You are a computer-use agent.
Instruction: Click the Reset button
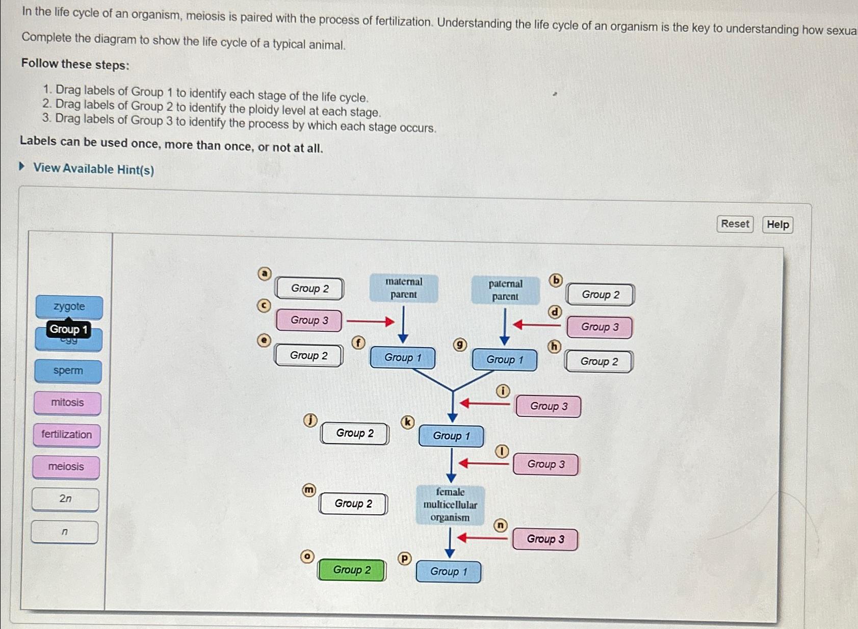coord(735,224)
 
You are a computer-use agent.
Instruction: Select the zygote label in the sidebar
coord(69,307)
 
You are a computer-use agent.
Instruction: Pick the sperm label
coord(68,371)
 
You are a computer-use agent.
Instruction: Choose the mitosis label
coord(67,403)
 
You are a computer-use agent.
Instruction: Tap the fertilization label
coord(67,435)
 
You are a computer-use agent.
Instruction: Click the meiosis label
coord(66,467)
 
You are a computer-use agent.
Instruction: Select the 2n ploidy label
coord(65,499)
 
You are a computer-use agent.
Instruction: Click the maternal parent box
coord(404,288)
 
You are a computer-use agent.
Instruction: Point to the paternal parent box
coord(505,290)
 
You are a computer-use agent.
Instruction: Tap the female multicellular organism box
coord(450,505)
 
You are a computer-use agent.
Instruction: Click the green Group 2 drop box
coord(352,570)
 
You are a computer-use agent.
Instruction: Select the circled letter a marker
coord(264,274)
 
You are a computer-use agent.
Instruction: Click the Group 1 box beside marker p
coord(449,572)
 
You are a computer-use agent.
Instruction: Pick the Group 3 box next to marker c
coord(309,321)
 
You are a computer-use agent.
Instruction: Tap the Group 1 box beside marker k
coord(451,436)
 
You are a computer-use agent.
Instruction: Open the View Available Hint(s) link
coord(93,169)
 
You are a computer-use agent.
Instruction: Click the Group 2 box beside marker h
coord(599,362)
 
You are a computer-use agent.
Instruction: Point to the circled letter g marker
coord(460,345)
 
